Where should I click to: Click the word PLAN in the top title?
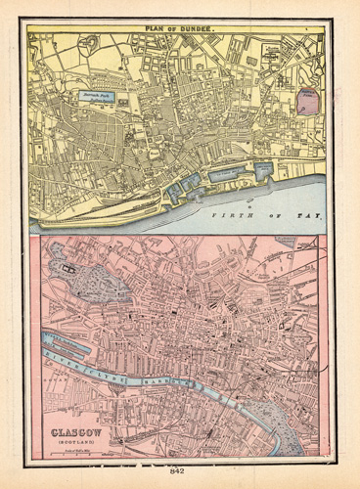click(157, 29)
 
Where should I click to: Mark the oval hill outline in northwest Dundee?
click(94, 43)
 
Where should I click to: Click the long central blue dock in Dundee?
click(226, 175)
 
